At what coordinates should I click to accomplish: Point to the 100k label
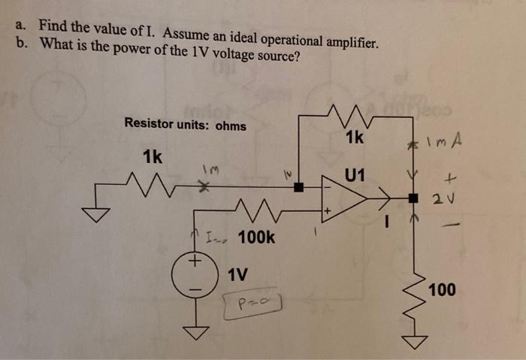(x=256, y=238)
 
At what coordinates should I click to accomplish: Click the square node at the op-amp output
(x=413, y=198)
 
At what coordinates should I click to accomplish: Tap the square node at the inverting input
(x=299, y=188)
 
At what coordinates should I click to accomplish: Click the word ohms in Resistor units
(x=231, y=126)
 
